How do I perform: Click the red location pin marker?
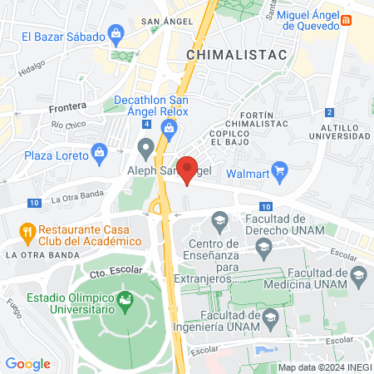click(x=188, y=169)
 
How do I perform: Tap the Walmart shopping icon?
click(x=279, y=173)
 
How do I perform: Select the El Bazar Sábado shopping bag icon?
click(x=116, y=36)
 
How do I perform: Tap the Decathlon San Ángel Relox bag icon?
click(x=170, y=127)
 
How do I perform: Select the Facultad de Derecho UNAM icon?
click(x=219, y=219)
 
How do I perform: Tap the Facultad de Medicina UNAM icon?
click(x=358, y=273)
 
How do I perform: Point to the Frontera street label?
click(x=67, y=106)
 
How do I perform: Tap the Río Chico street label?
click(x=69, y=125)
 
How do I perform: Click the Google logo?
click(x=27, y=364)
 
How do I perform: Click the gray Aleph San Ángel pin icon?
click(x=146, y=150)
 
